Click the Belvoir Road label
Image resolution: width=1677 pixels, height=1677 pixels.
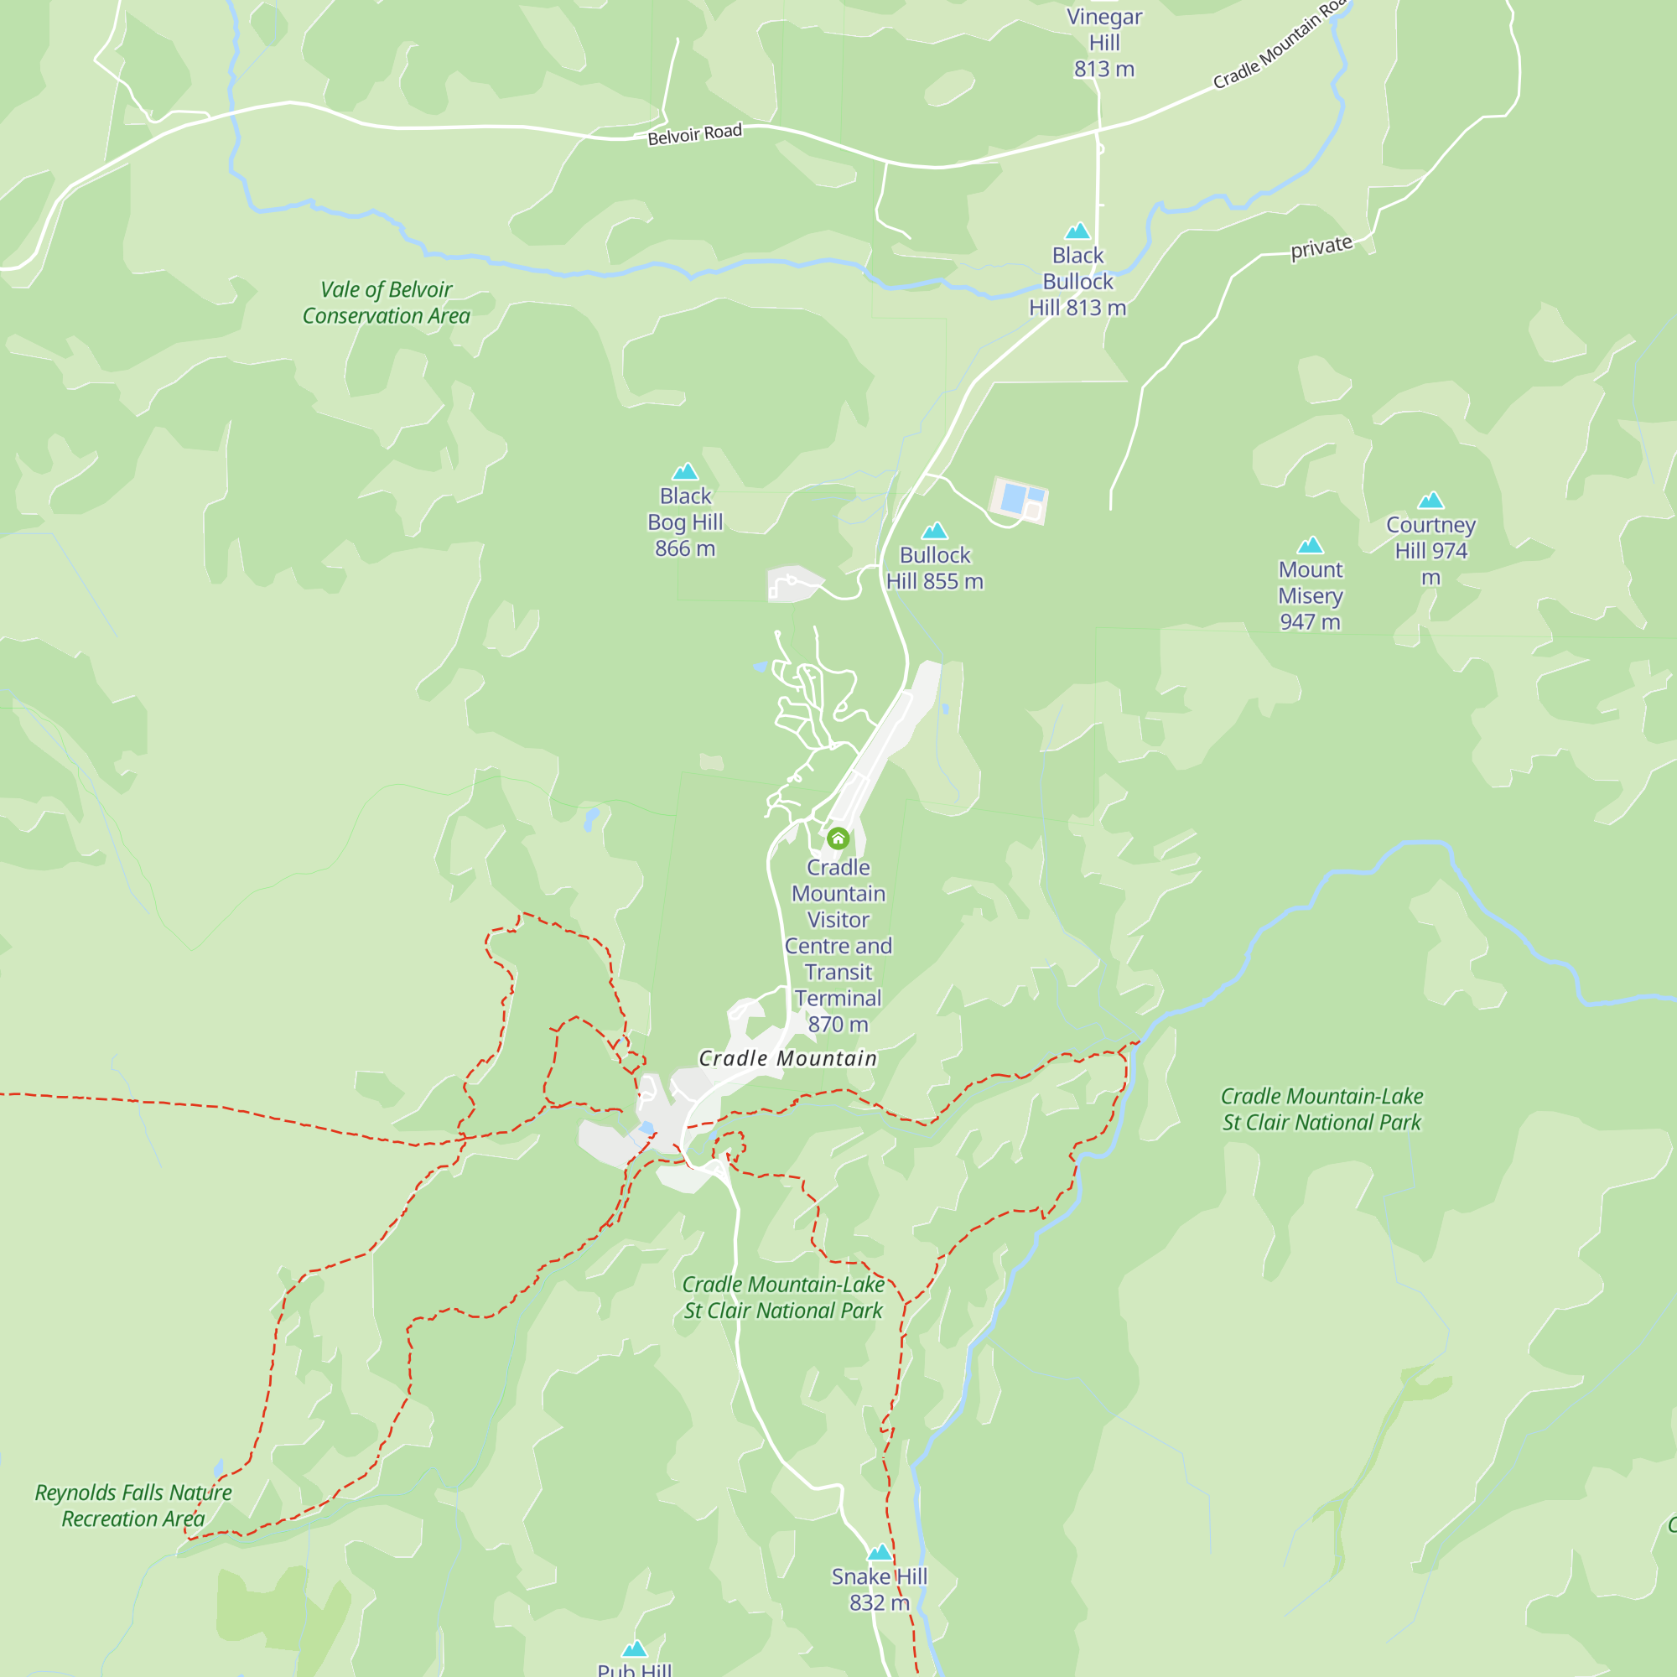coord(694,133)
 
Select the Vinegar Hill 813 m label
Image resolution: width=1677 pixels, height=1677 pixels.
coord(1104,43)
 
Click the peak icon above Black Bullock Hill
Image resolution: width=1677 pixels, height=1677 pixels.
coord(1077,231)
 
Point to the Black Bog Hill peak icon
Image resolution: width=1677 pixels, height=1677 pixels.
coord(685,471)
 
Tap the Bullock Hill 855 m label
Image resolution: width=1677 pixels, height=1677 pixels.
coord(935,568)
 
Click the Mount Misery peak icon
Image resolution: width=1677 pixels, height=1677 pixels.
coord(1310,545)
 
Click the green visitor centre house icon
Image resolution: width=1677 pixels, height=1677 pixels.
coord(838,838)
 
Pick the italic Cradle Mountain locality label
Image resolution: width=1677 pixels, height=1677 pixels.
coord(787,1058)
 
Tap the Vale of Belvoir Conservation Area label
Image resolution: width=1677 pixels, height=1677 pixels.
coord(387,302)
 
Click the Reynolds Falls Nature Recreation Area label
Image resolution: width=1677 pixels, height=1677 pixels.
coord(132,1505)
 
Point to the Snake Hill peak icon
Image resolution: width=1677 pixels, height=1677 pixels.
coord(880,1552)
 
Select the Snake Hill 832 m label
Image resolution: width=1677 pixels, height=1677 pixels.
coord(880,1589)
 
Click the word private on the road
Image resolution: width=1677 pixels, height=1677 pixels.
coord(1321,247)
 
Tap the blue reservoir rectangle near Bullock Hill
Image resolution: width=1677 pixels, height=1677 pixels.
coord(1013,498)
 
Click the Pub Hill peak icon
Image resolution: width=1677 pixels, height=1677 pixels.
coord(635,1648)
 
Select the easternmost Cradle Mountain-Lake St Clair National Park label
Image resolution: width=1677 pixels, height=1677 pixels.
coord(1321,1109)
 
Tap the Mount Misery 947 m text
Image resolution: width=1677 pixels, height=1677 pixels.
coord(1310,595)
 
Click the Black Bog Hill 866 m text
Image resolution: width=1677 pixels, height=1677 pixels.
coord(685,522)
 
